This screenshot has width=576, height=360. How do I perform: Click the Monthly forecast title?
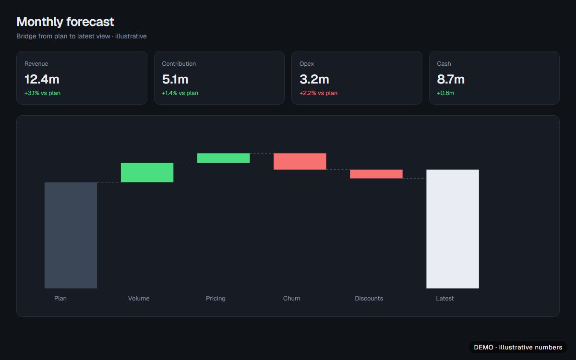pos(65,22)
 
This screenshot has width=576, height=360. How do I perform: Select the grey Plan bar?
pos(71,235)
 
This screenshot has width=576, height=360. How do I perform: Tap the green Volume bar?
pos(147,172)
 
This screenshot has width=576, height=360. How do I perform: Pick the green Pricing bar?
pos(224,158)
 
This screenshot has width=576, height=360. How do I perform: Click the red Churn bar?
pos(300,161)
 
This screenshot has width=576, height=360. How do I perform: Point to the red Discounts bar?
pos(376,174)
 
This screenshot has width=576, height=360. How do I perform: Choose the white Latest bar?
pos(453,229)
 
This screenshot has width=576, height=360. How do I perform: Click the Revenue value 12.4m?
pos(42,79)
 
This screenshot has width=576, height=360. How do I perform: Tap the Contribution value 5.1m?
pos(175,79)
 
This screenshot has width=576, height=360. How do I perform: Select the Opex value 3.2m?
pos(314,79)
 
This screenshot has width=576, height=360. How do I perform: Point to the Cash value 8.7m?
pos(451,79)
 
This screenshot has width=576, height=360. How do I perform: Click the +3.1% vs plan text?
pos(42,93)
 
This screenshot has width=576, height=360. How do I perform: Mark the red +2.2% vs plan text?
pos(318,93)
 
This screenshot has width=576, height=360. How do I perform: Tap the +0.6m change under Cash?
pos(445,93)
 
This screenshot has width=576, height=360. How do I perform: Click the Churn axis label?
pos(292,298)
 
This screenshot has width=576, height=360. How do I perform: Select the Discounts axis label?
pos(369,298)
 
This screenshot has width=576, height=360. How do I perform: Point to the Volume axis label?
pos(139,298)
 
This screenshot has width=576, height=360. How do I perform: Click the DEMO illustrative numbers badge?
pos(518,348)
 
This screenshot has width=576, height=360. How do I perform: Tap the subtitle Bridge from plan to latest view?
pos(63,36)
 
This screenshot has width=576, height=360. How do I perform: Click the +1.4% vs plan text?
pos(180,93)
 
